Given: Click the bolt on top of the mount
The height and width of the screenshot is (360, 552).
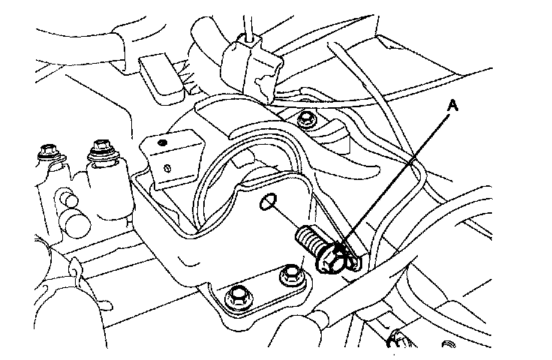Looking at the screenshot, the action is [x=305, y=119].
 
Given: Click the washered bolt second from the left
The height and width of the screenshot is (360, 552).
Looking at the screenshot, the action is [x=97, y=154].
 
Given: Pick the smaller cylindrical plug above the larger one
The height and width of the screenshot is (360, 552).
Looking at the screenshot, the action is [x=67, y=200].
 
